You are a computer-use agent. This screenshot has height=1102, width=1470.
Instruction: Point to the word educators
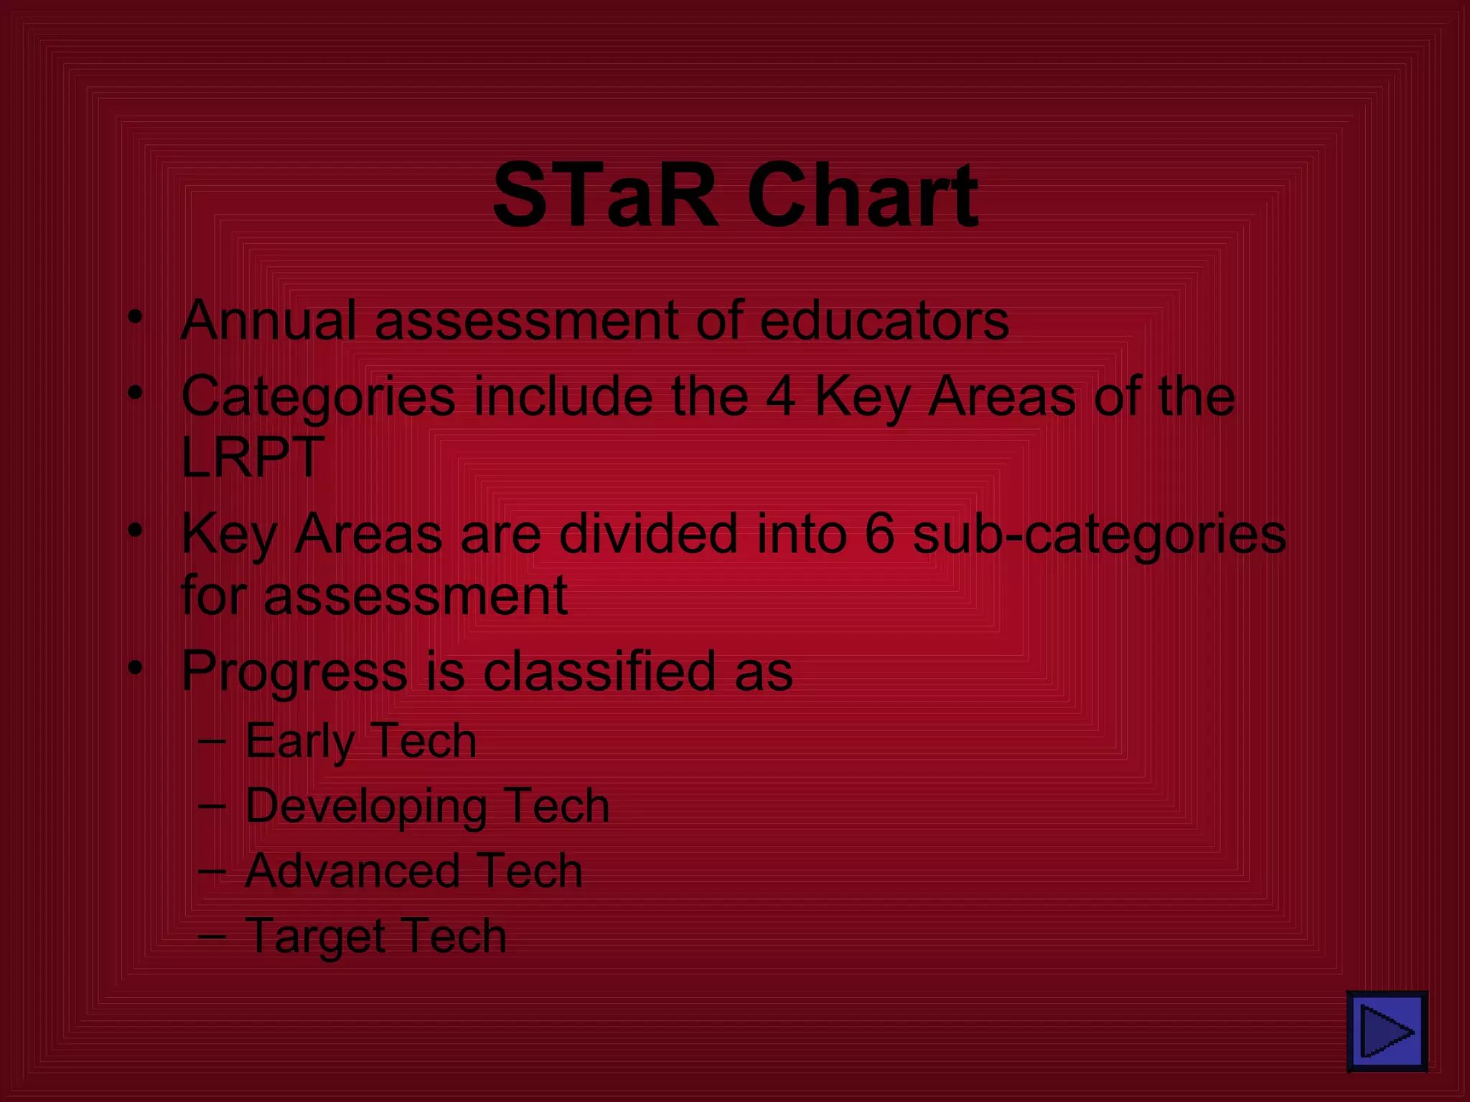click(884, 320)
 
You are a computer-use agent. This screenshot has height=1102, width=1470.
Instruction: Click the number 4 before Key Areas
click(780, 396)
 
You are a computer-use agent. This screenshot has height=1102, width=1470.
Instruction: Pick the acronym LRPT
click(253, 457)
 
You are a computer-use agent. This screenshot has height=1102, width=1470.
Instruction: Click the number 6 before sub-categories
click(879, 534)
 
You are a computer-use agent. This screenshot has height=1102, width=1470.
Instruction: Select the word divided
click(648, 534)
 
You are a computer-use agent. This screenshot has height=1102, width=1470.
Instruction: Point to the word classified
click(599, 672)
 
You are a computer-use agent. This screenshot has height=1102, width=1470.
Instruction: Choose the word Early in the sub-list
click(299, 742)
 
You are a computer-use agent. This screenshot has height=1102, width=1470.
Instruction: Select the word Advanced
click(352, 871)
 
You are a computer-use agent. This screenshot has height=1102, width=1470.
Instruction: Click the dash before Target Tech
click(212, 936)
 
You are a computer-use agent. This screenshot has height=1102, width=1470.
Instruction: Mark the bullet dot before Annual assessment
click(135, 316)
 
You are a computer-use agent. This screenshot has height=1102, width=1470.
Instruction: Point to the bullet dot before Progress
click(135, 668)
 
